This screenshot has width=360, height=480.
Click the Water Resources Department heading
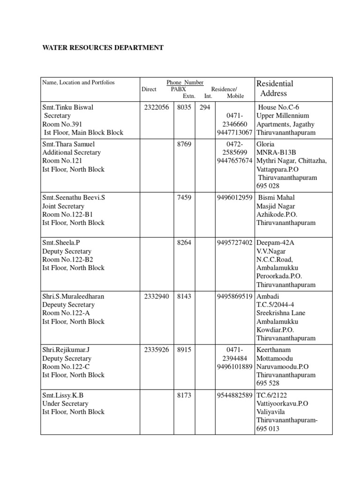pos(103,48)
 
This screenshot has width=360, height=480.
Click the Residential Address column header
pos(275,88)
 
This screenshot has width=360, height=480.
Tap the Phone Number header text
pos(185,82)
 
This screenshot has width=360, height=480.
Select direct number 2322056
pos(157,107)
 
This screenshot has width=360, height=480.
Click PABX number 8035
pos(184,107)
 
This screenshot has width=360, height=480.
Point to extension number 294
pos(204,107)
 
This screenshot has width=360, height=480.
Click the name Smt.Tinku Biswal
pos(68,107)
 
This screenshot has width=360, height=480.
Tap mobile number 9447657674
pos(235,161)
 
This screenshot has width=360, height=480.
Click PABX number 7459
pos(184,198)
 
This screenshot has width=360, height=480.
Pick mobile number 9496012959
pos(235,198)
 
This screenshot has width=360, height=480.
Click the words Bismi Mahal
pos(277,198)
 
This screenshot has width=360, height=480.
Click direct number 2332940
pos(157,296)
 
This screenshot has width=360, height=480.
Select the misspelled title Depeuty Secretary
pos(68,305)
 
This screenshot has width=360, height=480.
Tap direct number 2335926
pos(157,350)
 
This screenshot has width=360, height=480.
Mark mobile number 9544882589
pos(235,395)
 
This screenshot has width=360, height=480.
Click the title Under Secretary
pos(65,404)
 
